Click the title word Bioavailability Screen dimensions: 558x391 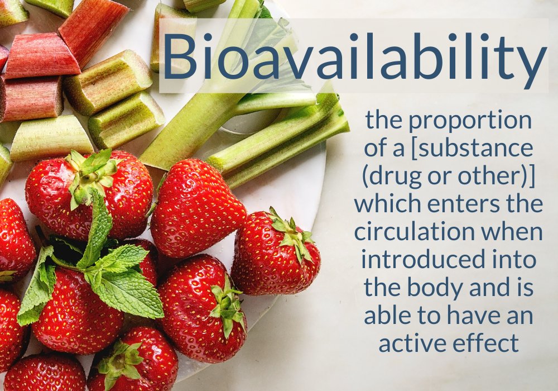[x=354, y=57]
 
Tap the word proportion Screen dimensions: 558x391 [x=470, y=122]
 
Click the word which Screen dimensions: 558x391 [x=387, y=204]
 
